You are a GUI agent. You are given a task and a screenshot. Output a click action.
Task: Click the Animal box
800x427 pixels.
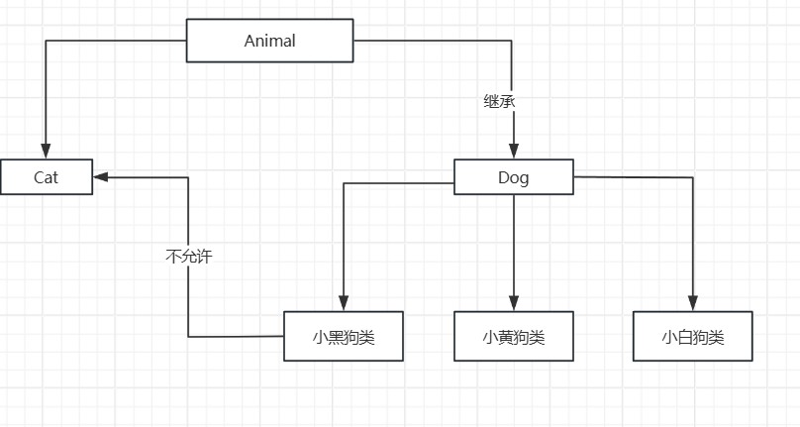[x=269, y=41]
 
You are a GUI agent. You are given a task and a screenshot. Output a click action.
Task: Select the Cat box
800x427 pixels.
[x=47, y=177]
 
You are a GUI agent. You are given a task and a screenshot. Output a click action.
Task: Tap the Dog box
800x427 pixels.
[x=513, y=177]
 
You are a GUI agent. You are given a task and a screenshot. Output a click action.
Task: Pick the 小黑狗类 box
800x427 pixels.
[x=344, y=337]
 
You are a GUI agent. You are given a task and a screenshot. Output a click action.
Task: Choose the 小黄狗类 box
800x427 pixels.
[x=514, y=337]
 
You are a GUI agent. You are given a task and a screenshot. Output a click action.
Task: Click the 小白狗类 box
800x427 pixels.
[x=693, y=337]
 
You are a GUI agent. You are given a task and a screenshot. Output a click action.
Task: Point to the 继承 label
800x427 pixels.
[x=499, y=101]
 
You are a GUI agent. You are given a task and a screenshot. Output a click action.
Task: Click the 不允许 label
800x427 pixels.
[x=188, y=256]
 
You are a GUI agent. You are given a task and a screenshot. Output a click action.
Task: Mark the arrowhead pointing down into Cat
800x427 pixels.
[x=46, y=152]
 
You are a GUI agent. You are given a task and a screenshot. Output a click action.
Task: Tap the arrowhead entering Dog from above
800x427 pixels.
[x=513, y=152]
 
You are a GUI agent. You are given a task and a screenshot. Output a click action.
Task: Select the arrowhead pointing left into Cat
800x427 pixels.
[x=102, y=177]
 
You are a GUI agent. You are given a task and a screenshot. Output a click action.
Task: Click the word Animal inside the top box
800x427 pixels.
[x=269, y=41]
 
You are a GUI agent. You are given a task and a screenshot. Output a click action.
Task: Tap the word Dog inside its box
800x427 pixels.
[x=513, y=177]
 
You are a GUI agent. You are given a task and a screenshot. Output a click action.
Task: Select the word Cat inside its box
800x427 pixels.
[x=47, y=177]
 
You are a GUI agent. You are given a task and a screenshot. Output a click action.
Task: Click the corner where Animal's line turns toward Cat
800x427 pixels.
[x=46, y=41]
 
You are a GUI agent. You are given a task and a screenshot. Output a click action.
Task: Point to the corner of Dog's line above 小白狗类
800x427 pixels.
[x=693, y=178]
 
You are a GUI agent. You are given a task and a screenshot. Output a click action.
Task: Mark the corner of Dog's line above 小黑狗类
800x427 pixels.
[x=344, y=183]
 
